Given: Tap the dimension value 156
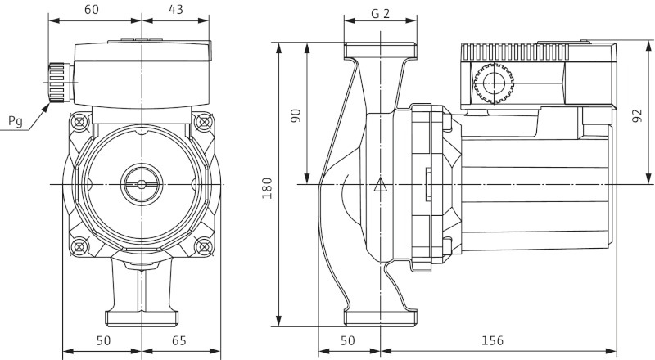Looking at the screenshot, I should tap(491, 340).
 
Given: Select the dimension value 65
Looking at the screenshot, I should tap(181, 340).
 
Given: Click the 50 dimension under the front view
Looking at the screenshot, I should tap(102, 340).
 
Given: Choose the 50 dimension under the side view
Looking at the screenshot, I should tap(348, 340).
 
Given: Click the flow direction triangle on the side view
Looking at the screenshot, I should tap(379, 185).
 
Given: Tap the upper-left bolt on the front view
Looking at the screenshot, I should tap(79, 123).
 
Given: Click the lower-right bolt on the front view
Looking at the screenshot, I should tap(203, 245).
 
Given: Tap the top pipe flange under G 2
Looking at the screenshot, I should tap(379, 49).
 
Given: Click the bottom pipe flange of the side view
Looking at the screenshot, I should tap(379, 317).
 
